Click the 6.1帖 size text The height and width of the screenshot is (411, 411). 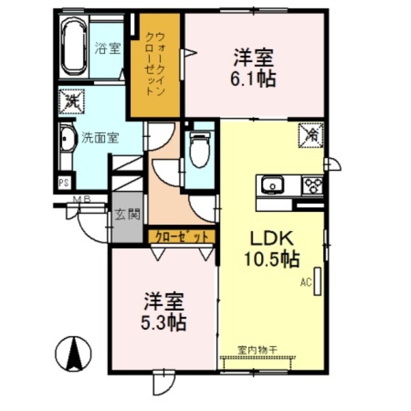tap(254, 79)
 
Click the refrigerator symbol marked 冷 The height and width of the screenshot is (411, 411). tap(311, 135)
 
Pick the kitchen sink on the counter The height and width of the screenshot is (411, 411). tap(272, 184)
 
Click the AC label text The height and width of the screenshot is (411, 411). tap(306, 282)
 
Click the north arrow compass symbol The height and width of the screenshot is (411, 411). tap(73, 353)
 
